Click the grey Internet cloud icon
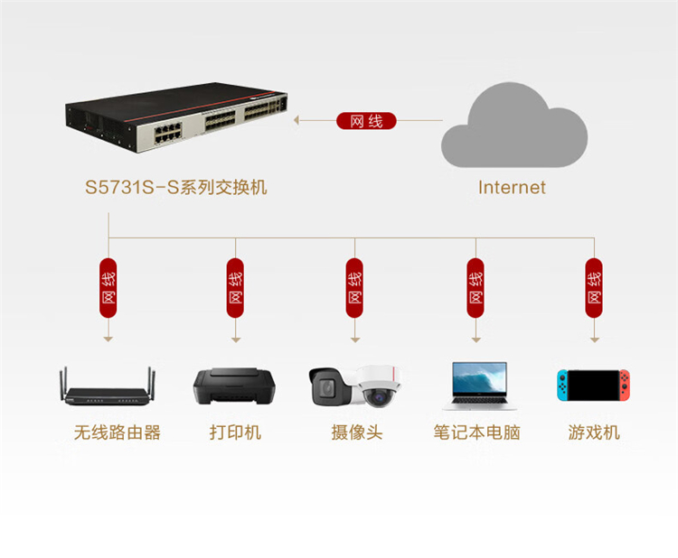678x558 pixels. point(513,126)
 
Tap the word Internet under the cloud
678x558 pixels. point(512,188)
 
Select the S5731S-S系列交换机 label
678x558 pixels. point(176,188)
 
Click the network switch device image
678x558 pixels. point(176,117)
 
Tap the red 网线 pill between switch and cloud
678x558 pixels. point(366,121)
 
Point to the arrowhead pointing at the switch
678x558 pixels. point(297,120)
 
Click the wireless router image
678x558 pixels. point(108,386)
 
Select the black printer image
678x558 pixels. point(234,386)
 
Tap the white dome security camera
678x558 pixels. point(379,386)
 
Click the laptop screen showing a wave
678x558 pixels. point(479,378)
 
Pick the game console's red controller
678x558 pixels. point(625,385)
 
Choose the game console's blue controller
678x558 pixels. point(562,385)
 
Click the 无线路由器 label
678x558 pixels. point(118,432)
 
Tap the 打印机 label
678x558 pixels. point(235,432)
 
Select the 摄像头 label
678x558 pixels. point(357,432)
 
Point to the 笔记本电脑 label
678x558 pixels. point(476,432)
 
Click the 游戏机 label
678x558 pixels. point(594,432)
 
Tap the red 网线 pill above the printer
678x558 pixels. point(235,288)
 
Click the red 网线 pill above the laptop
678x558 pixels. point(476,288)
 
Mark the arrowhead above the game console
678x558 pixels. point(595,340)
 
